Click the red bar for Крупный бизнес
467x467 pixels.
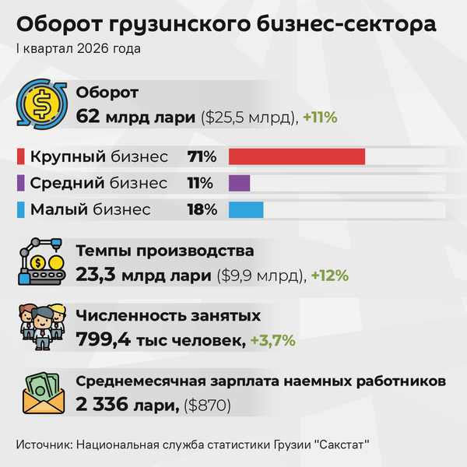pyautogui.click(x=297, y=156)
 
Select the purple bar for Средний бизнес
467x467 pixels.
pyautogui.click(x=239, y=183)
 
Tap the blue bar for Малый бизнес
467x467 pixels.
pyautogui.click(x=246, y=209)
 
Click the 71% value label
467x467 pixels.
pyautogui.click(x=202, y=156)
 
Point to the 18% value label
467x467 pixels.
pyautogui.click(x=202, y=209)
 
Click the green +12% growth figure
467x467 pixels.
pyautogui.click(x=330, y=276)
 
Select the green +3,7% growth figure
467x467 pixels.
pyautogui.click(x=273, y=340)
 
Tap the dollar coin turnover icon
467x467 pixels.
pyautogui.click(x=42, y=104)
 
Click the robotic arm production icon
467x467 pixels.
pyautogui.click(x=42, y=262)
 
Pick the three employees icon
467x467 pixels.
pyautogui.click(x=42, y=327)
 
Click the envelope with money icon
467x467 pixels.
pyautogui.click(x=44, y=393)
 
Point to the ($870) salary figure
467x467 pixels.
pyautogui.click(x=207, y=406)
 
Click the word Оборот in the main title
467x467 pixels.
pyautogui.click(x=60, y=24)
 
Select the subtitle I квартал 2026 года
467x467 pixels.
pyautogui.click(x=79, y=49)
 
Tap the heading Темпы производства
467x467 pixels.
pyautogui.click(x=165, y=251)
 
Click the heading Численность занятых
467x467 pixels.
pyautogui.click(x=168, y=316)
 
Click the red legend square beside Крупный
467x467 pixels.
pyautogui.click(x=21, y=156)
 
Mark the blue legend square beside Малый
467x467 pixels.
pyautogui.click(x=21, y=209)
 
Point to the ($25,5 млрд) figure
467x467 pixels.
pyautogui.click(x=249, y=118)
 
